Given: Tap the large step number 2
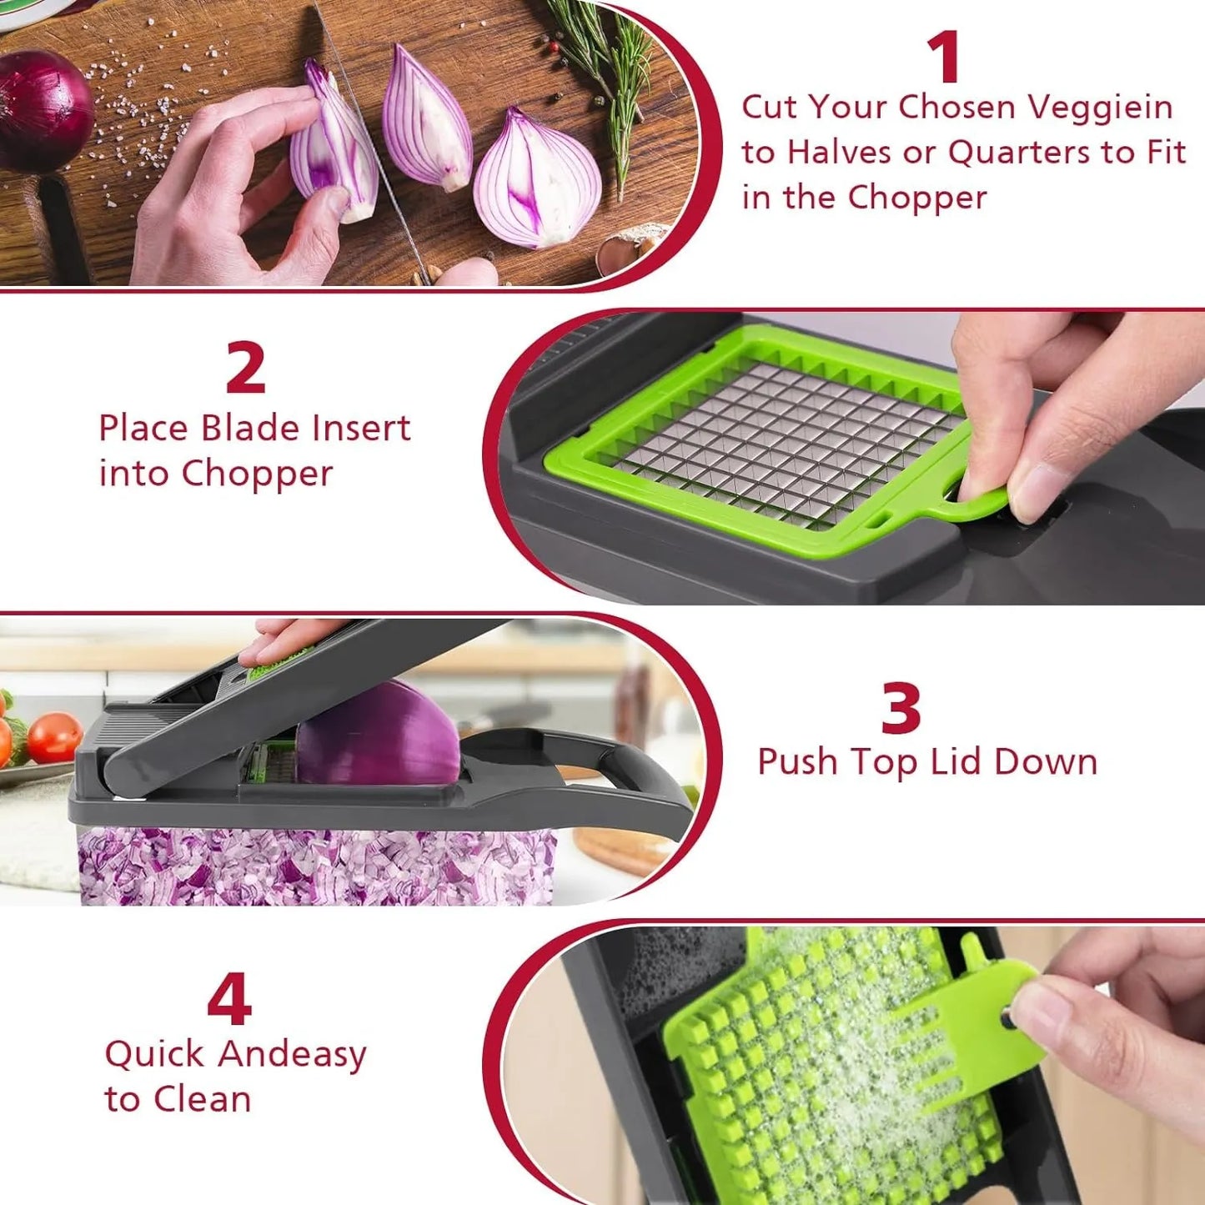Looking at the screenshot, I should point(246,368).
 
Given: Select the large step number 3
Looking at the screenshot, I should point(901,708).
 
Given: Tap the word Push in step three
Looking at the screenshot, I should point(797,762).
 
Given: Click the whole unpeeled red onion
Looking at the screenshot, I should point(42,108).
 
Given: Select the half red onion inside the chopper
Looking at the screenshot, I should point(379,734).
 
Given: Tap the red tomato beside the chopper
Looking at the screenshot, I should point(54,737).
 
